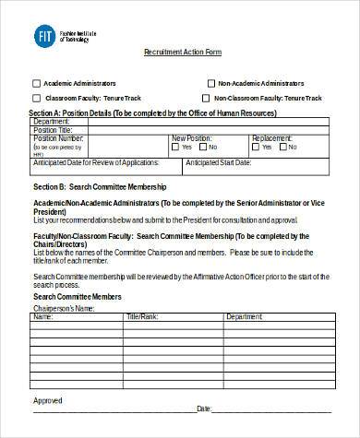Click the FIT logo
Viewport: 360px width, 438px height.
(42, 36)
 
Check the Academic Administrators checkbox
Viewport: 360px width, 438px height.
(36, 80)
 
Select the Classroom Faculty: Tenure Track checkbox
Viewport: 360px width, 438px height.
(36, 97)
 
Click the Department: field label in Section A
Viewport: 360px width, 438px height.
(51, 121)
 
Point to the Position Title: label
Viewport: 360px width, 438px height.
(52, 129)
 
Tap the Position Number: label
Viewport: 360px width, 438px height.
(55, 137)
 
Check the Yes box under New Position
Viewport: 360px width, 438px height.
(176, 146)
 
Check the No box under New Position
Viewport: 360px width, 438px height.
(203, 146)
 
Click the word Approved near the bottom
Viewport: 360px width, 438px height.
(48, 400)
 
